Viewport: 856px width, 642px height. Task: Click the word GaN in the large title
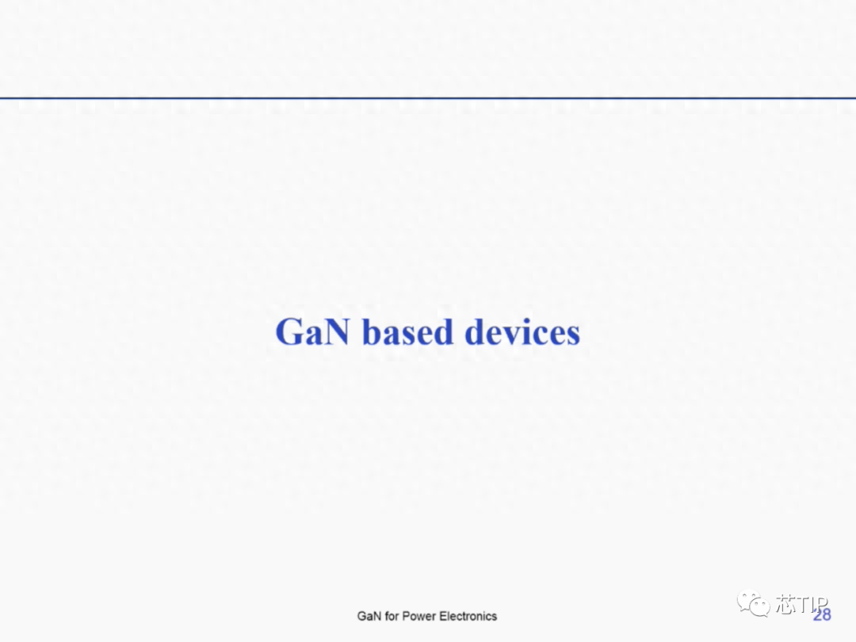click(x=312, y=332)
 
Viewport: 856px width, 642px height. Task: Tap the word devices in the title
click(x=522, y=331)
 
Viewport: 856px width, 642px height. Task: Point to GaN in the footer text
click(x=369, y=617)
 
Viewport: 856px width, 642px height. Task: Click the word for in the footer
click(x=392, y=617)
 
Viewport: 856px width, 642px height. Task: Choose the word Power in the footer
click(x=418, y=617)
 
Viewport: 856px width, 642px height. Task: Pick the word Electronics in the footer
click(x=468, y=617)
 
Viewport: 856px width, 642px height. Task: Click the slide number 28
click(x=822, y=615)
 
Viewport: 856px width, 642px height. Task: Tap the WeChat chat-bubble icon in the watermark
click(x=754, y=604)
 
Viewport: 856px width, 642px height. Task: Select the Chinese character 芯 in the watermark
click(x=787, y=604)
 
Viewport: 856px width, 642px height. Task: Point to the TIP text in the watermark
click(x=813, y=604)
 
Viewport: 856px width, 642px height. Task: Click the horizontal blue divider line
click(x=428, y=98)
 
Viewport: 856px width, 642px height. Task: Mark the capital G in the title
click(x=289, y=332)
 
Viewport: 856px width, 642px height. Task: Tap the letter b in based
click(x=371, y=331)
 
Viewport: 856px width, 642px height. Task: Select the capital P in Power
click(x=406, y=617)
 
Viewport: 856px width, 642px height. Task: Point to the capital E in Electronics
click(x=444, y=617)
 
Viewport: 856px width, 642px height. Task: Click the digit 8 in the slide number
click(x=827, y=615)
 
